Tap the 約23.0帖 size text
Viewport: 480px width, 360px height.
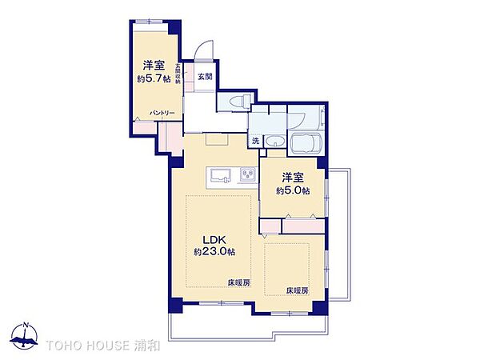coord(214,252)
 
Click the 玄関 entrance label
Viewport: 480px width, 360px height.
coord(205,77)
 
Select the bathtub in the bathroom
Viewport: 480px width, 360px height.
coord(306,146)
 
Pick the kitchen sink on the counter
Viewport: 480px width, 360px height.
coord(220,175)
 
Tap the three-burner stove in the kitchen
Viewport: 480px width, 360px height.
coord(246,175)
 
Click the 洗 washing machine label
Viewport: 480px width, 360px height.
coord(255,141)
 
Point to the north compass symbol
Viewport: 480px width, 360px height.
coord(26,337)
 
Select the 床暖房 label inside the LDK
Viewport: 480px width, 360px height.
coord(238,283)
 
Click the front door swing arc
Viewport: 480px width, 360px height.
coord(205,50)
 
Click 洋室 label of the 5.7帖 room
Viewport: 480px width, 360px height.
coord(154,66)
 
